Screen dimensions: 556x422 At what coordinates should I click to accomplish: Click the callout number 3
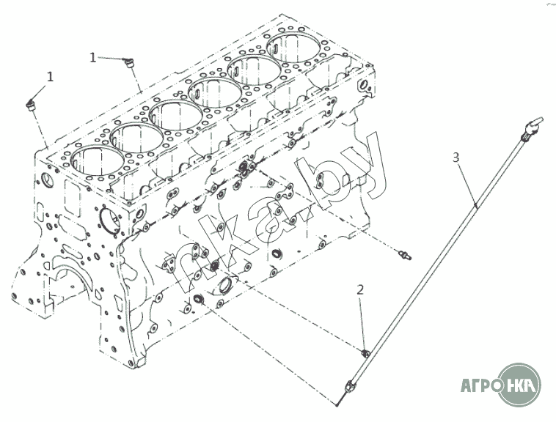point(456,158)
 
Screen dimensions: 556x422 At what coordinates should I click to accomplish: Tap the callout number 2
point(360,290)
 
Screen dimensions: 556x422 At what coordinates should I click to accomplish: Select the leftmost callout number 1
point(51,76)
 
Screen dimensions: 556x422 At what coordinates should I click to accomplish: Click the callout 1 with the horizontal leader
point(93,57)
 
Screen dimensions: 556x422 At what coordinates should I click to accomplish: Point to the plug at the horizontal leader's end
point(128,63)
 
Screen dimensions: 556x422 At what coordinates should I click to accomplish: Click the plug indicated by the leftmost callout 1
point(32,105)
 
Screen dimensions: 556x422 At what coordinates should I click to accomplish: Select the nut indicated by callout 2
point(365,353)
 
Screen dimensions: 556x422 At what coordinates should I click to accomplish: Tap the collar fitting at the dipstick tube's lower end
point(349,385)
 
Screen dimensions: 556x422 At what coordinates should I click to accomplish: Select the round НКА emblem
point(520,384)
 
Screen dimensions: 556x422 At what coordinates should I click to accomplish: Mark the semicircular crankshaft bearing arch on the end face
point(73,274)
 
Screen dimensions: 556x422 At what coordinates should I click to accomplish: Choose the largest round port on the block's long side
point(225,286)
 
